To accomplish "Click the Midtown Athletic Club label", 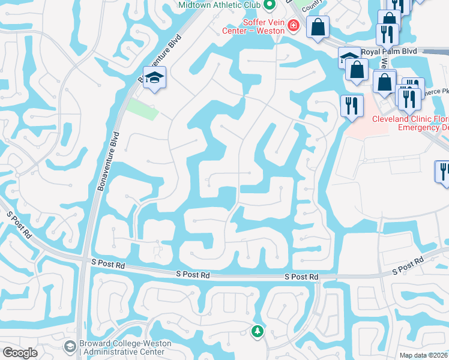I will [x=220, y=5].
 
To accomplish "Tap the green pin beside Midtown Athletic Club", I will [x=270, y=5].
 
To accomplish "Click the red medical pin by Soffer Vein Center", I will [x=293, y=25].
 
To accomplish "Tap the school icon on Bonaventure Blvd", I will [x=155, y=79].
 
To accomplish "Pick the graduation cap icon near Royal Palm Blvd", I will [x=348, y=58].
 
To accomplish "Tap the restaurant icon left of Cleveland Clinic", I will [x=351, y=106].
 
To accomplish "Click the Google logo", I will [x=20, y=353].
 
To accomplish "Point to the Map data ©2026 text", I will [x=423, y=355].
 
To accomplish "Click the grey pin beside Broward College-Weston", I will [x=70, y=346].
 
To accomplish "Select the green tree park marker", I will [x=258, y=331].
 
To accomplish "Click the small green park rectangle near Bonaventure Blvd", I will [x=143, y=109].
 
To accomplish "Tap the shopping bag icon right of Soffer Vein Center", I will [x=318, y=26].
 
